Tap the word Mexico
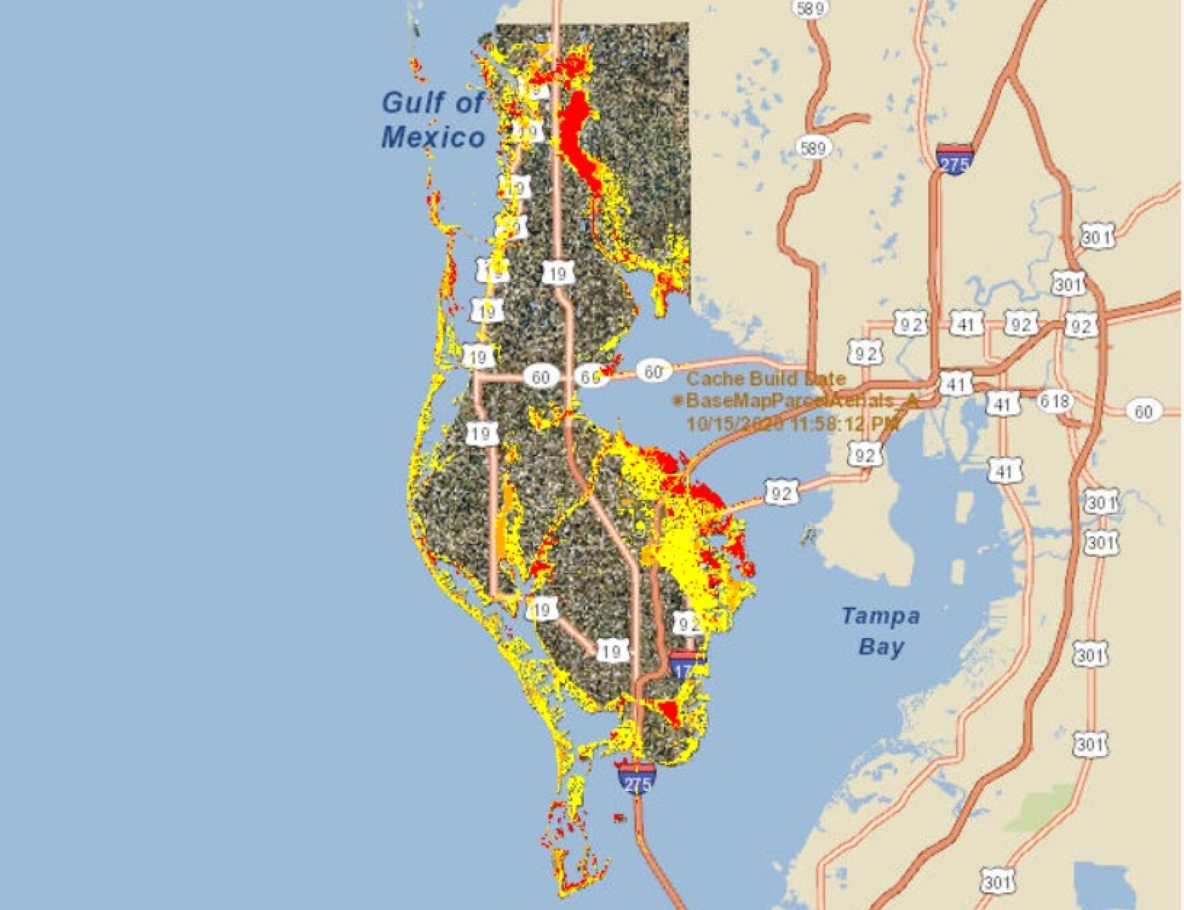coord(433,137)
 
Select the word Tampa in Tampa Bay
coord(881,616)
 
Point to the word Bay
coord(881,647)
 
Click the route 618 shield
coord(1053,402)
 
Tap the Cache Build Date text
coord(766,378)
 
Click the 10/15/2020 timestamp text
coord(792,424)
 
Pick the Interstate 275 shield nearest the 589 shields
coord(954,159)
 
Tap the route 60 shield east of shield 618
coord(1143,411)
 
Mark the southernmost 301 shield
coord(995,882)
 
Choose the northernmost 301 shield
coord(1097,237)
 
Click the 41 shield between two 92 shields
coord(966,325)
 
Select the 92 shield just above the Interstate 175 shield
coord(686,624)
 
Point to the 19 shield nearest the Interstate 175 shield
coord(611,651)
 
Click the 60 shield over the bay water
coord(653,372)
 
